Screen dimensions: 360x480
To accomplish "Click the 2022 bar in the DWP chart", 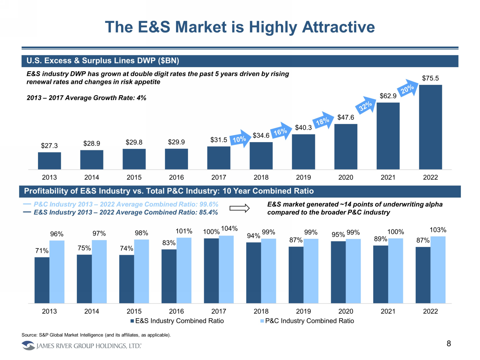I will (x=430, y=127).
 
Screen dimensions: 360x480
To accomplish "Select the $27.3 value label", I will (x=49, y=146).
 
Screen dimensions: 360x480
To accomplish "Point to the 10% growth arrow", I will (x=240, y=139).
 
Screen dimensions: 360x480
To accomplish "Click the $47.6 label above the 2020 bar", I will (x=346, y=117).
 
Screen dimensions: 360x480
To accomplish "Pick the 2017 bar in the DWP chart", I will (x=219, y=158).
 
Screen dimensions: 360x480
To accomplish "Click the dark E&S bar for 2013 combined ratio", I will (x=42, y=280).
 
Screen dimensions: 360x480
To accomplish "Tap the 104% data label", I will (x=229, y=229).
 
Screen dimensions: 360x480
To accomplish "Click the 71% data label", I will (x=42, y=251).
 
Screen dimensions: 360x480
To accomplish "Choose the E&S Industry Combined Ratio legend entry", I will (x=177, y=321).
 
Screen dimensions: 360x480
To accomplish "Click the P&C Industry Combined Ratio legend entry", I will (x=307, y=321).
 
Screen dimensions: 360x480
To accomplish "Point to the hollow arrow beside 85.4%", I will (x=239, y=209).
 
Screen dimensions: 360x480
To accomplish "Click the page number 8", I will (x=449, y=344).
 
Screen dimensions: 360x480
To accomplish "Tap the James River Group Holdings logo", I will (x=82, y=346).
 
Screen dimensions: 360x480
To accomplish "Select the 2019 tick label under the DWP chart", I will (x=303, y=178).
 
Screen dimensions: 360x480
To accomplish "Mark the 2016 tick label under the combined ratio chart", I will (x=176, y=311).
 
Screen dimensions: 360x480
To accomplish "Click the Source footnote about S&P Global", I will (x=96, y=335).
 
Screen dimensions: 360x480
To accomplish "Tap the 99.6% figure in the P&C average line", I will (x=209, y=204).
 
